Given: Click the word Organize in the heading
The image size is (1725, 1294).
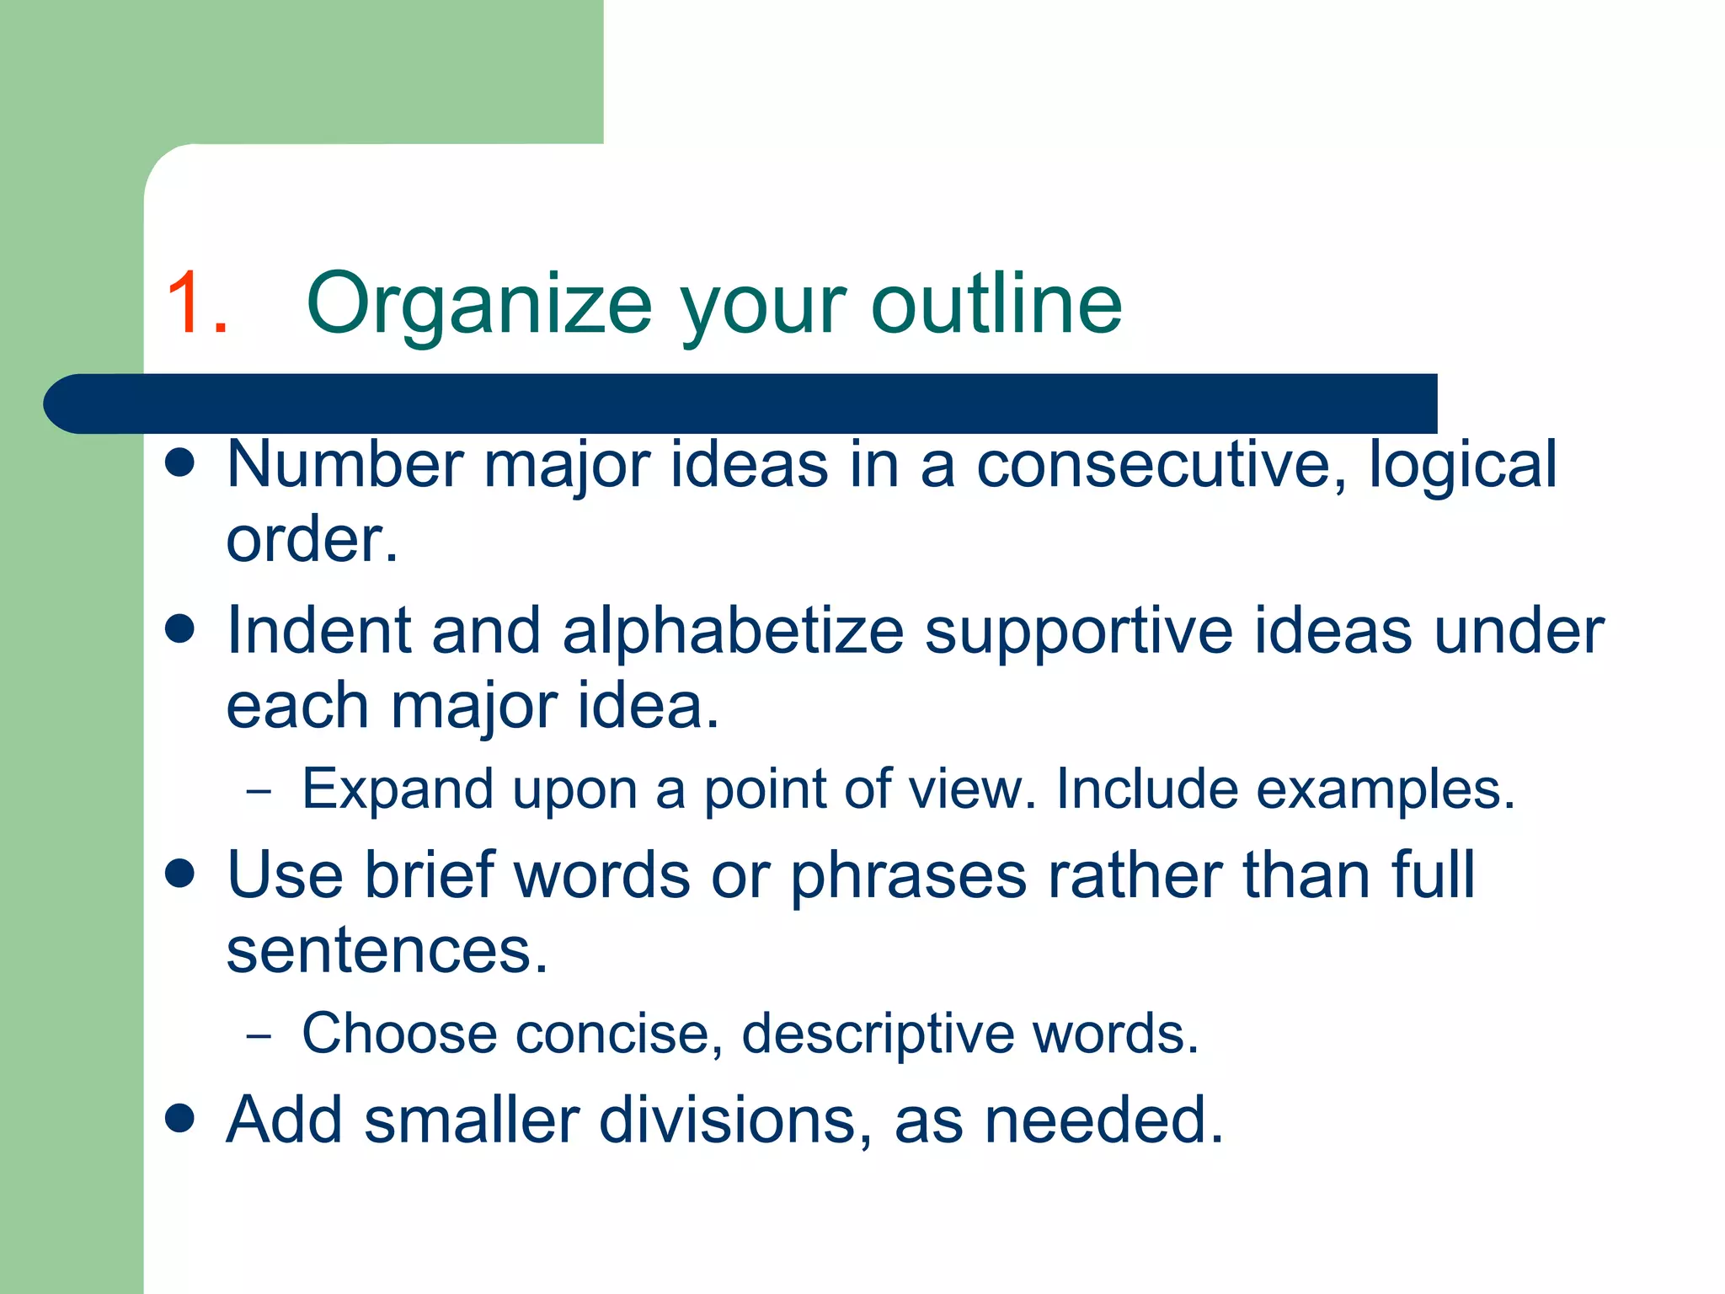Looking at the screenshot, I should [479, 305].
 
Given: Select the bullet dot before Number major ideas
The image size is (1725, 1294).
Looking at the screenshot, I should [180, 463].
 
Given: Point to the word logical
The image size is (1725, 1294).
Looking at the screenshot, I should [1462, 466].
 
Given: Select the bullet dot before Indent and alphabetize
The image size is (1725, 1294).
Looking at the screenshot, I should [180, 628].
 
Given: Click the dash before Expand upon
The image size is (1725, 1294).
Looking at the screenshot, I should [259, 791].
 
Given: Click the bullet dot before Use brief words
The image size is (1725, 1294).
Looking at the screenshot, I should [180, 874].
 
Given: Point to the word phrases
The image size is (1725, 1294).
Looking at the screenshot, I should [908, 877].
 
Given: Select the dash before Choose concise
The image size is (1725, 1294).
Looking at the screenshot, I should [259, 1035].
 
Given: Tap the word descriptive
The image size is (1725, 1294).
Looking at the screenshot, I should [878, 1035].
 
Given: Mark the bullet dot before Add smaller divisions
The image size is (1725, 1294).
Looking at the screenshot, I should [180, 1119].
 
